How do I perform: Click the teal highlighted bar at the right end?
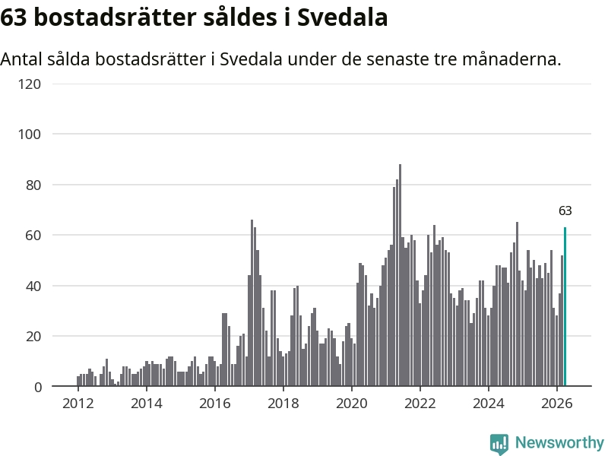pos(565,307)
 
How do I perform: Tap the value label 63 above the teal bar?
pos(565,211)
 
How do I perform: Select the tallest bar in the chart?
pos(401,275)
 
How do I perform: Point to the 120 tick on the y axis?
pos(30,84)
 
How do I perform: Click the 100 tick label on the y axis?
pos(30,135)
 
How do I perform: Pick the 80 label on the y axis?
pos(33,185)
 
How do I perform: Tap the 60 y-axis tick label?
pos(33,236)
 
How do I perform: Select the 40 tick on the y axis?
pos(33,287)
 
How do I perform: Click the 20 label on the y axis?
pos(33,336)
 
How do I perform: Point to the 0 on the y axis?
pos(37,387)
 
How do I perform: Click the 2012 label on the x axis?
pos(78,404)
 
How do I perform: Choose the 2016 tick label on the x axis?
pos(215,404)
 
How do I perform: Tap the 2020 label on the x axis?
pos(352,404)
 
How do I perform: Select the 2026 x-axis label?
pos(557,404)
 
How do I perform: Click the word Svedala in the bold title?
pos(343,17)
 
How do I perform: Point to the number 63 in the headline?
pos(14,17)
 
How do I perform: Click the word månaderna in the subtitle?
pos(511,59)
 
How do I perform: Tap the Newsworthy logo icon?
pos(499,444)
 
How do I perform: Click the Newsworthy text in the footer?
pos(559,442)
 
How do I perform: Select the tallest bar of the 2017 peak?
pos(252,302)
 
